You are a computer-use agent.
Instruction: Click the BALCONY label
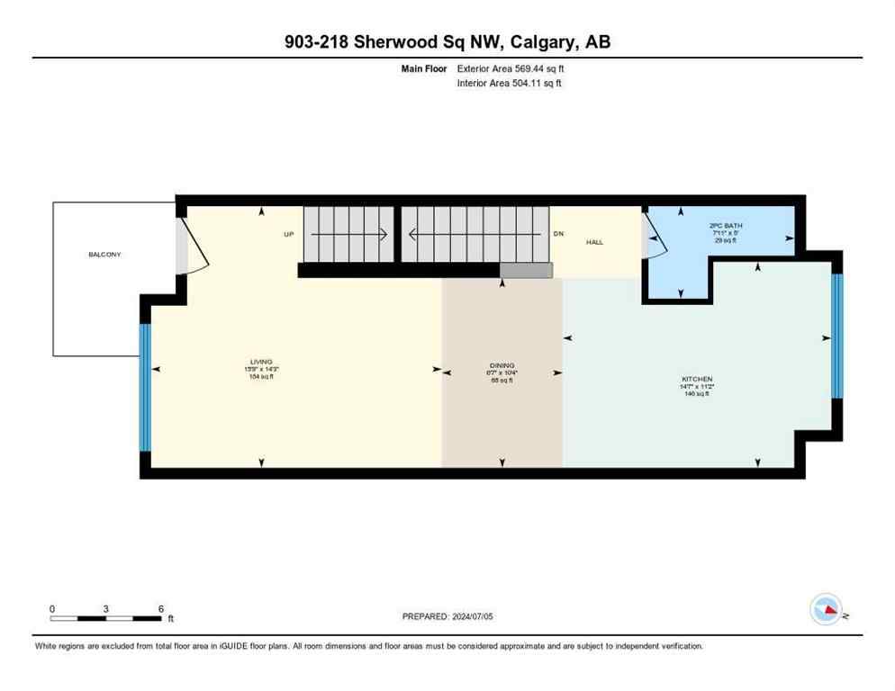click(104, 255)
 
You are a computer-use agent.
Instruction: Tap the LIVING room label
click(261, 362)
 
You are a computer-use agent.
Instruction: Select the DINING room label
click(502, 365)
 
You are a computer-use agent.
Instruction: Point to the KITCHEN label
click(697, 380)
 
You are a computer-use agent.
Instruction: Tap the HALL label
click(594, 242)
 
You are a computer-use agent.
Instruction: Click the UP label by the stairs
click(289, 234)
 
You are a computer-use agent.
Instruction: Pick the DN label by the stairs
click(557, 234)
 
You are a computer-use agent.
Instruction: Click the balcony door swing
click(192, 248)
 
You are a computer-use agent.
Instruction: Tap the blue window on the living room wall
click(144, 388)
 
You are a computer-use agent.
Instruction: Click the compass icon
click(827, 610)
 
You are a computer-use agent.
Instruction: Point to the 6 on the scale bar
click(160, 608)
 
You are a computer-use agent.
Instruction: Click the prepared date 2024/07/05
click(447, 616)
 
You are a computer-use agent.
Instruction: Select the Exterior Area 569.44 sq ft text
click(511, 68)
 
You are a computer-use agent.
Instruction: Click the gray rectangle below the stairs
click(526, 271)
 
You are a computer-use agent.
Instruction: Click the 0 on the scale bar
click(52, 608)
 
